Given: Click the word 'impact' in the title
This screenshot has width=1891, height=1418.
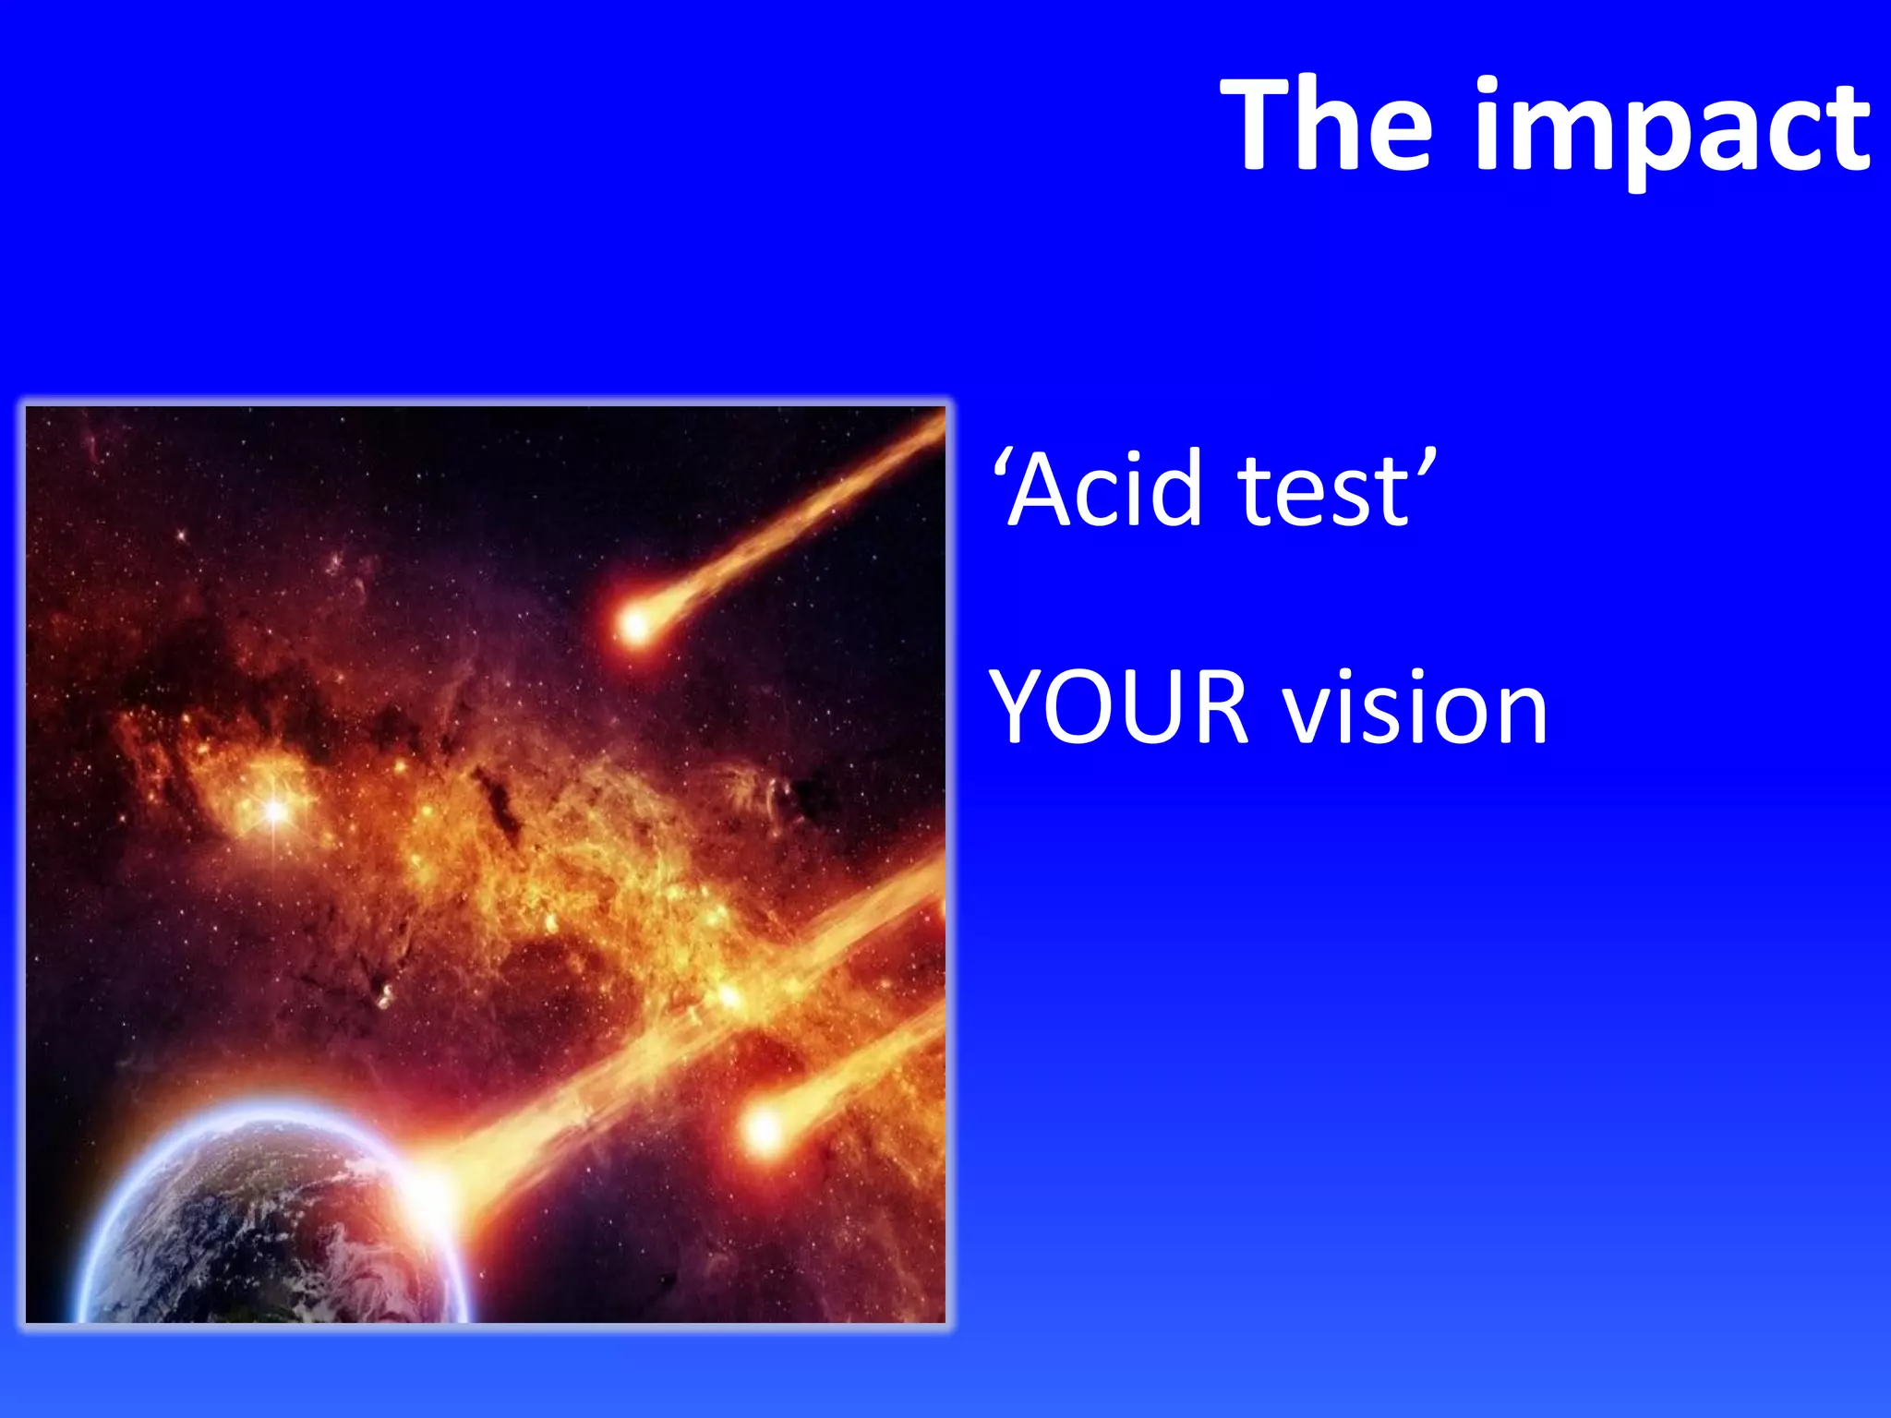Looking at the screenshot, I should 1672,129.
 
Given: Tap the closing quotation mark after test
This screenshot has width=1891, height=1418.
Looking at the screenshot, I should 1426,463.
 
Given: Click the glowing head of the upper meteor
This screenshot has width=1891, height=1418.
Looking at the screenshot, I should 635,625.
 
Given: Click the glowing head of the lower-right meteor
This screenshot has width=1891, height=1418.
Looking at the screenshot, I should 764,1128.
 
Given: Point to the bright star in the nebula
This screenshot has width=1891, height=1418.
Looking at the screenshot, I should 275,811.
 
